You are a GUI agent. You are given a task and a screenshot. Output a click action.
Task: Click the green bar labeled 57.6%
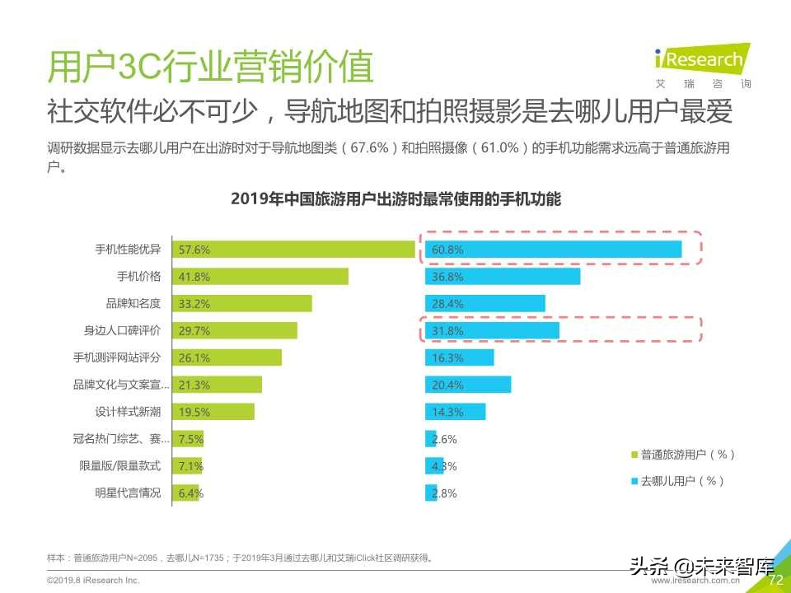(x=293, y=249)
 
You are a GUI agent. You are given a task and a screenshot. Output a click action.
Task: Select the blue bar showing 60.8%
(x=553, y=249)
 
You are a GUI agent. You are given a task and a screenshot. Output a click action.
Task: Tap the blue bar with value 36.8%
(x=503, y=276)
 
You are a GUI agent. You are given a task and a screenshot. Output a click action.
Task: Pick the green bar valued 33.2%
(x=241, y=303)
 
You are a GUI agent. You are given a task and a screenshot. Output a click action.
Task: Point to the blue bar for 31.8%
(x=492, y=330)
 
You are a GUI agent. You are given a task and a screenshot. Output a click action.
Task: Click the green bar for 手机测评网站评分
(x=226, y=357)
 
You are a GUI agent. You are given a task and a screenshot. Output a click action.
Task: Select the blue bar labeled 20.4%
(x=468, y=385)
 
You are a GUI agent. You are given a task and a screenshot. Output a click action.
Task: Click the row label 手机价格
(x=138, y=276)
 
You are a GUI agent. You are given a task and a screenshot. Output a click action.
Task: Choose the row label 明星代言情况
(x=128, y=493)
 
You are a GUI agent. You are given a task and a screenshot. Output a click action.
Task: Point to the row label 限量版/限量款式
(x=120, y=466)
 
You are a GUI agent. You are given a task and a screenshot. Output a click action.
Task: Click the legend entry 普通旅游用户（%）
(x=683, y=454)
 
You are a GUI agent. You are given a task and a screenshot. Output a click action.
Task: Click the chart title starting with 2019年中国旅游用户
(x=395, y=198)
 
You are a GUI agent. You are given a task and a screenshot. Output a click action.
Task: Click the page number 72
(x=774, y=580)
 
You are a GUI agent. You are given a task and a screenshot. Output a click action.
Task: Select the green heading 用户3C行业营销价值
(x=211, y=67)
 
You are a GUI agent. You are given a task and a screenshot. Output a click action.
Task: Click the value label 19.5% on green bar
(x=194, y=412)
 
